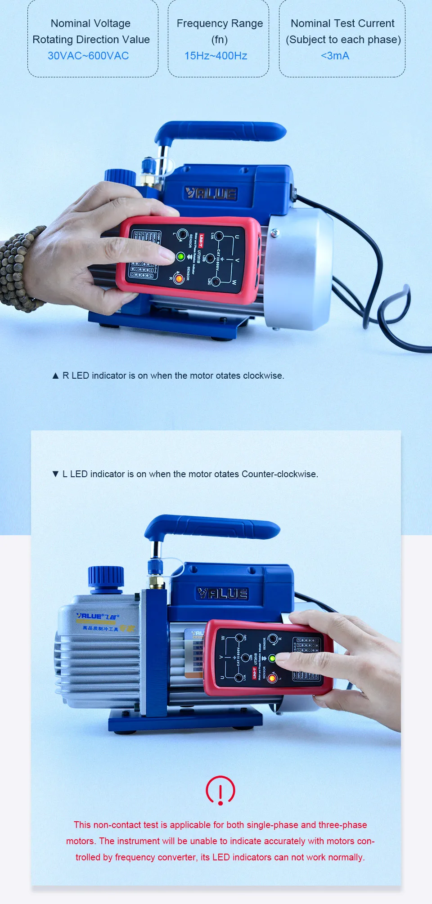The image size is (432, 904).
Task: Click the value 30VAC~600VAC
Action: (x=88, y=56)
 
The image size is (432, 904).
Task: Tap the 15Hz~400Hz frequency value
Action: (x=216, y=56)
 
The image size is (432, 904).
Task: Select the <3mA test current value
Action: (x=335, y=56)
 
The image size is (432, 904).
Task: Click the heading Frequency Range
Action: (x=220, y=23)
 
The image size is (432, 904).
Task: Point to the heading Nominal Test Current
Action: (x=342, y=23)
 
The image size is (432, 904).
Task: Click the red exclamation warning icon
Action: (x=220, y=790)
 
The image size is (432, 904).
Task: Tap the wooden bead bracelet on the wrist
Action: (x=18, y=270)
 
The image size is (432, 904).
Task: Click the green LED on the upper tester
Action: (x=181, y=257)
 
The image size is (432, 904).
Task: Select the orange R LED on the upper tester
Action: (x=179, y=279)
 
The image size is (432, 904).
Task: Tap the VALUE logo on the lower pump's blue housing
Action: (x=223, y=594)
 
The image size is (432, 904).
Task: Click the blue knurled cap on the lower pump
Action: (x=106, y=577)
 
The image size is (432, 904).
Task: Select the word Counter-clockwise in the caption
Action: (x=279, y=474)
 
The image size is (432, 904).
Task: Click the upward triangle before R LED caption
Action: (x=56, y=376)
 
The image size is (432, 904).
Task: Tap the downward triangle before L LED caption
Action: (x=56, y=474)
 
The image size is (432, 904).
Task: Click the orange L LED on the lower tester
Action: (x=272, y=678)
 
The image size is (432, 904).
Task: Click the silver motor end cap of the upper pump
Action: (x=299, y=270)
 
